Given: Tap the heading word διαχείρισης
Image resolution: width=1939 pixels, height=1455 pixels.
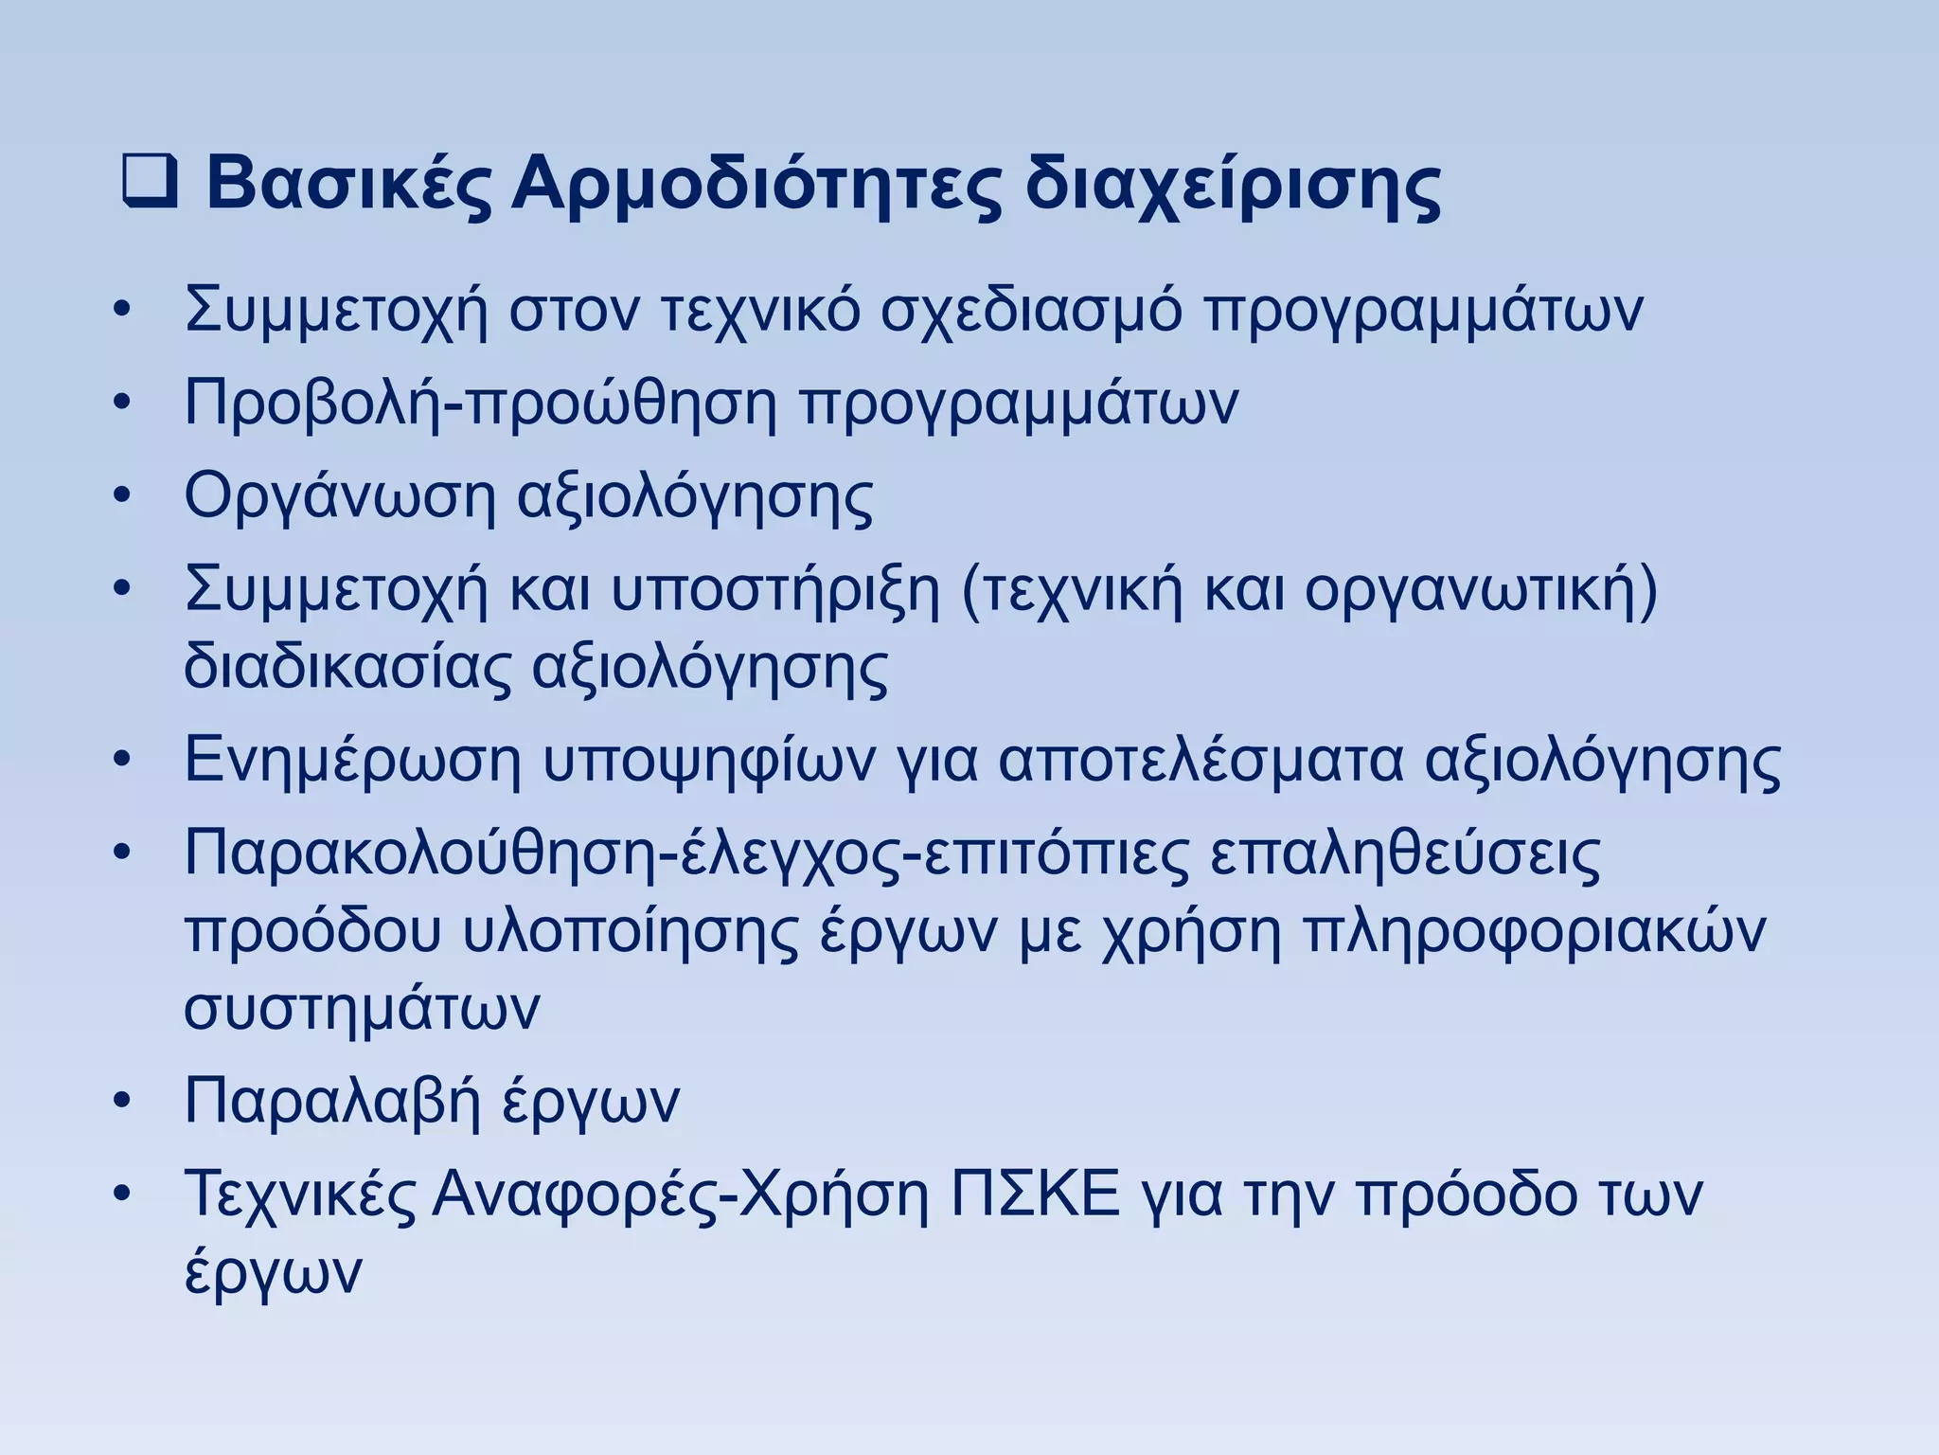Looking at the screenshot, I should [1233, 187].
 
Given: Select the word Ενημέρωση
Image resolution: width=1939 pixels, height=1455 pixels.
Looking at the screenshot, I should [352, 762].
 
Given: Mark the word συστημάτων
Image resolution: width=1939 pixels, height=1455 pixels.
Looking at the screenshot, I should [362, 1009].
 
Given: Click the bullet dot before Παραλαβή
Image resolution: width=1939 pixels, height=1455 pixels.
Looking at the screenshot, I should [120, 1102].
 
